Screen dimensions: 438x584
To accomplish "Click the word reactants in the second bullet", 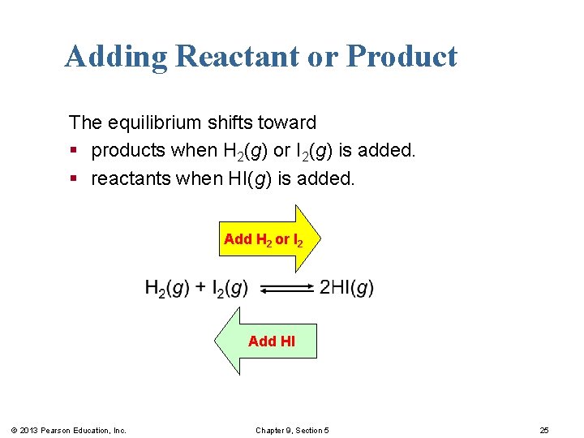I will coord(130,178).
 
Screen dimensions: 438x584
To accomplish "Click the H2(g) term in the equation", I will coord(167,288).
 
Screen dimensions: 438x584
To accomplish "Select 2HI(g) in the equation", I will coord(347,288).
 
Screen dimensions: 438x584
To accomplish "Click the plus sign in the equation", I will coord(200,288).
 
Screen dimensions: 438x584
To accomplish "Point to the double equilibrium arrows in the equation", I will coord(290,288).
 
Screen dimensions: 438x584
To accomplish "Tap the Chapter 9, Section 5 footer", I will coord(293,430).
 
